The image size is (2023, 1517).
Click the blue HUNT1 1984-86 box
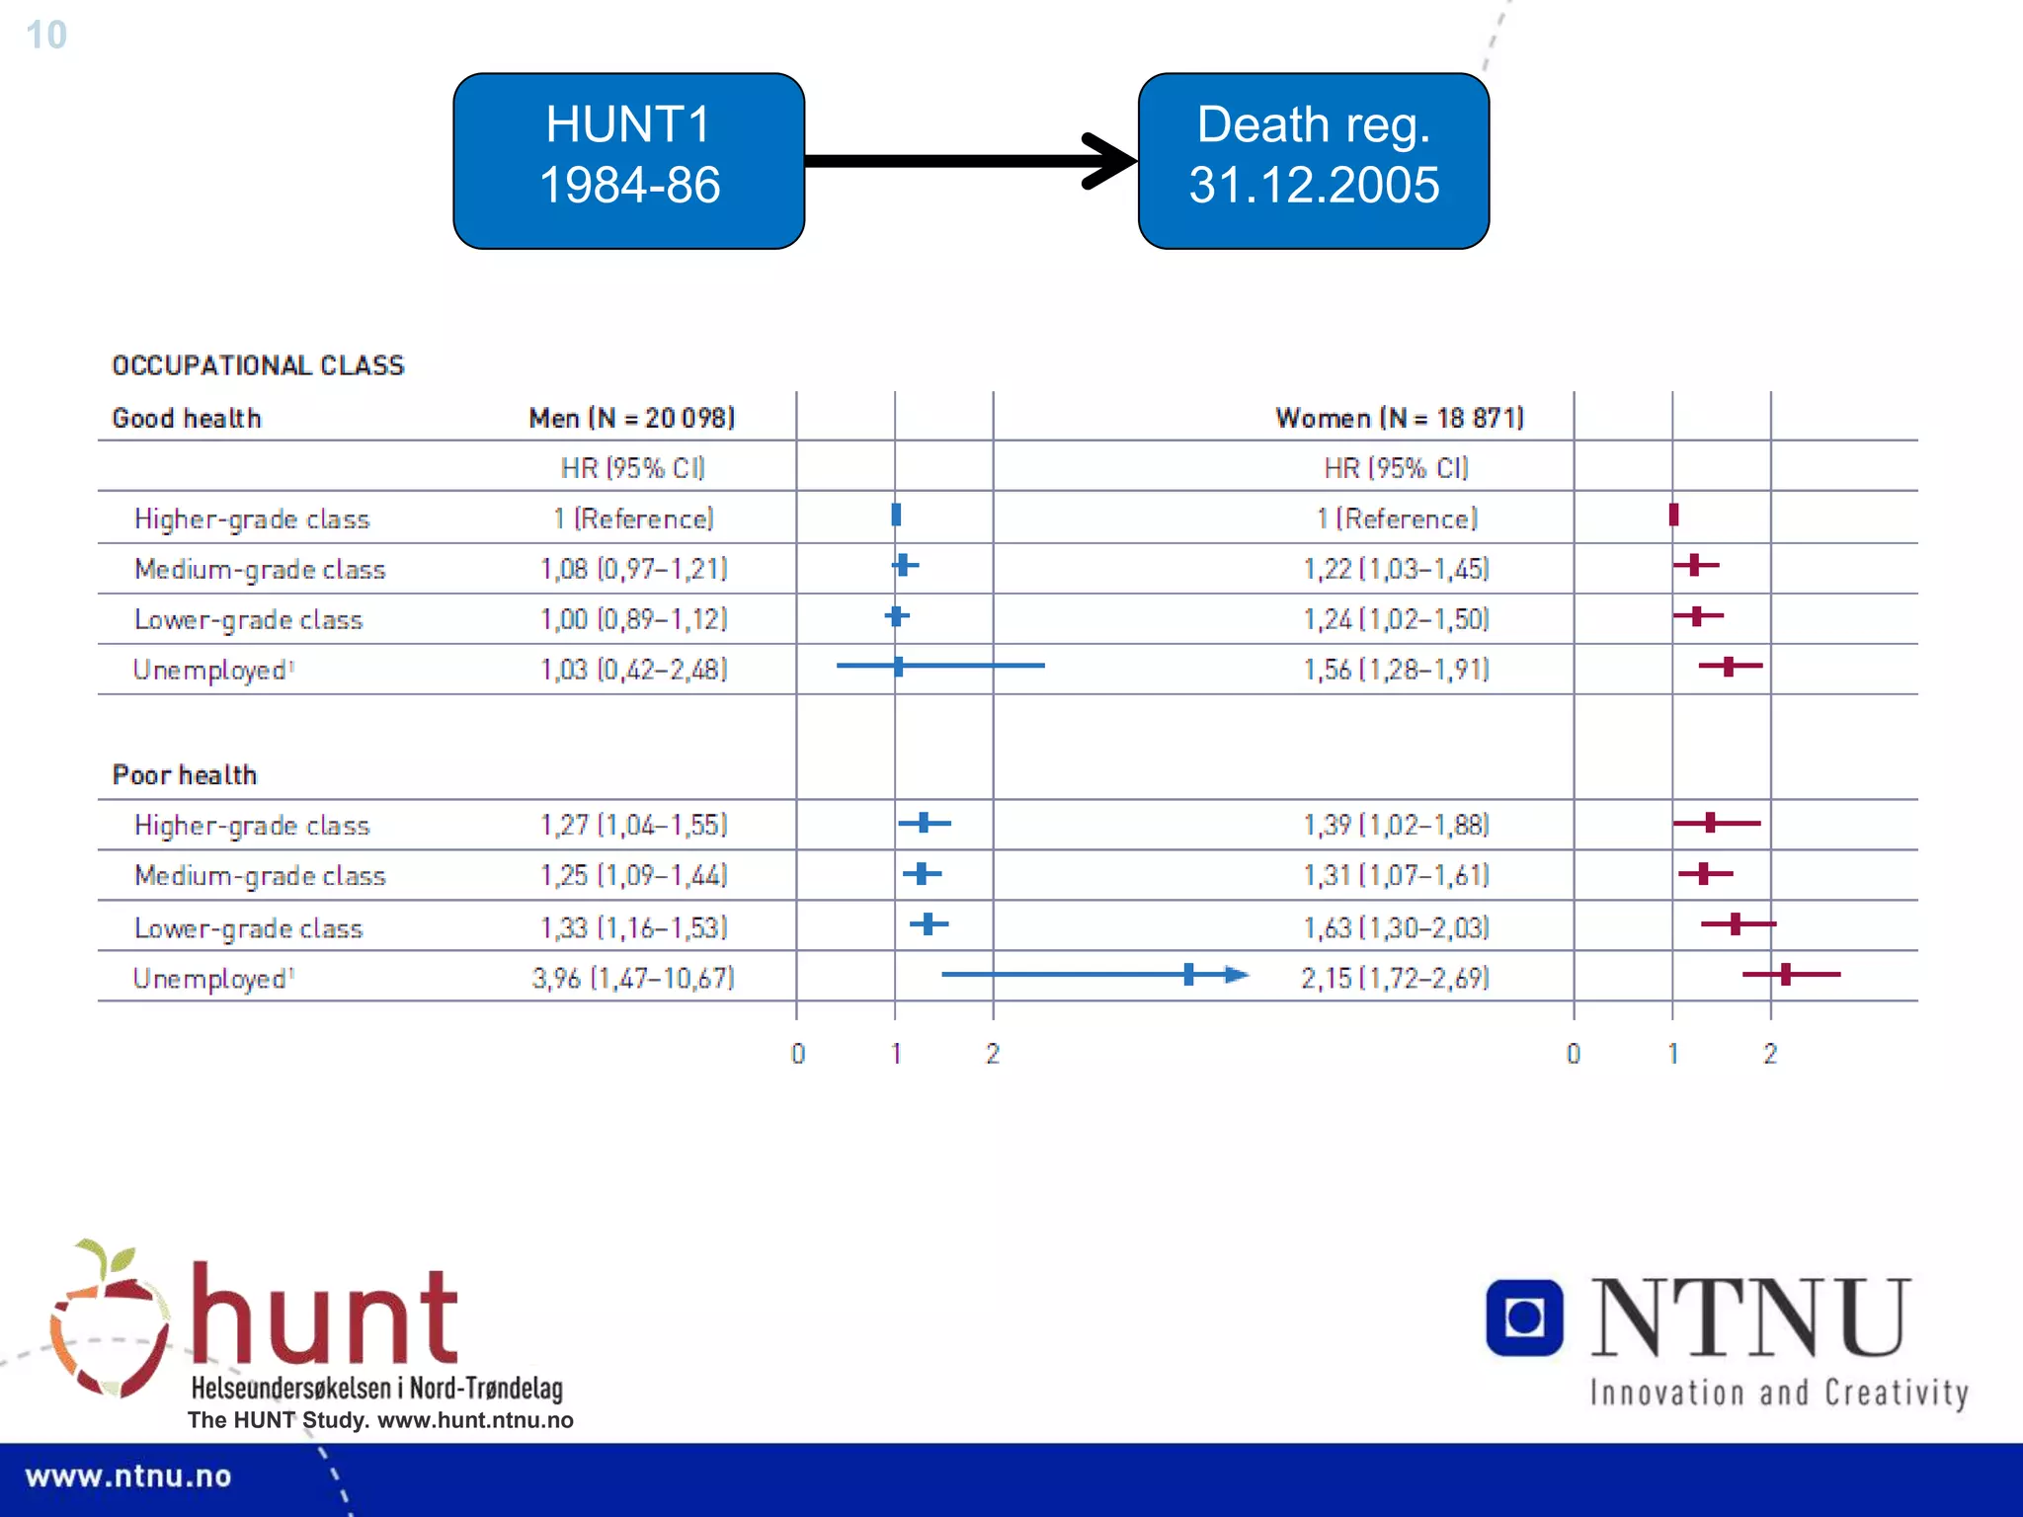point(628,160)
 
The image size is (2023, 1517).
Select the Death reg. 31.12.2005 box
point(1313,160)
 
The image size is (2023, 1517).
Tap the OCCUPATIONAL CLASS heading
point(258,365)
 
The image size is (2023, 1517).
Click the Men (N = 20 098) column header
point(632,418)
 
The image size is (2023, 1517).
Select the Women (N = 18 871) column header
point(1399,418)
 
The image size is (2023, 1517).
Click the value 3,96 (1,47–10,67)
point(633,978)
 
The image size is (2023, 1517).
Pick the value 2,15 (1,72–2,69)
point(1395,978)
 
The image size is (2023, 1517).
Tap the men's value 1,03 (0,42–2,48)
point(633,670)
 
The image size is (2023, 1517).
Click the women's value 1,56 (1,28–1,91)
point(1396,670)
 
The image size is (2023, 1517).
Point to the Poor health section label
point(185,774)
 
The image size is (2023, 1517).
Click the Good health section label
point(187,418)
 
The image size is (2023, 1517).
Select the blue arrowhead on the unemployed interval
point(1237,975)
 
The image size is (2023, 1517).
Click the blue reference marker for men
point(896,515)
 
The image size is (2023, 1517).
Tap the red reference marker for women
point(1673,515)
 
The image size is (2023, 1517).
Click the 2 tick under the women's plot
point(1770,1054)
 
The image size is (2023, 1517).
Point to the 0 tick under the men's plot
point(798,1054)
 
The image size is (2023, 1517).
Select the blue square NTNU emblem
point(1524,1317)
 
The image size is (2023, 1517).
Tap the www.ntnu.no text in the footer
point(128,1477)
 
